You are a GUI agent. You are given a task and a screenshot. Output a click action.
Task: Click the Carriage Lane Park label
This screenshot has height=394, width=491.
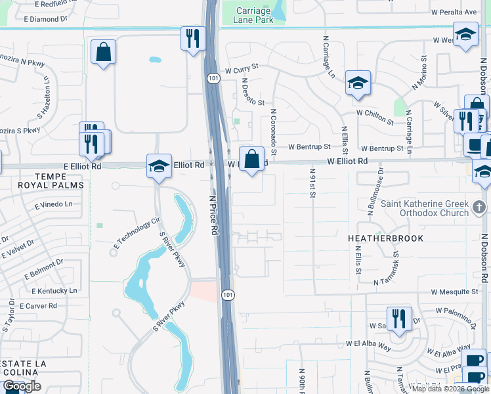[253, 14]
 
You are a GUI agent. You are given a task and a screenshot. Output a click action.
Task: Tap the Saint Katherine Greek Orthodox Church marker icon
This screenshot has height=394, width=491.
[480, 208]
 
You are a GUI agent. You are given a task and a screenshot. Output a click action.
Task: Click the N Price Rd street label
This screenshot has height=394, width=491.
[213, 215]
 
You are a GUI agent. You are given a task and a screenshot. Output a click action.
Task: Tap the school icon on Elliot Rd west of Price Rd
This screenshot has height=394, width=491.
[159, 166]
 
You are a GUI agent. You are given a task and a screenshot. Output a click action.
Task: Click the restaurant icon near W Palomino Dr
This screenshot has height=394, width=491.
[399, 318]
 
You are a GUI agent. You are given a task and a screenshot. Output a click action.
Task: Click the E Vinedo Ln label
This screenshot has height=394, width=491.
[51, 204]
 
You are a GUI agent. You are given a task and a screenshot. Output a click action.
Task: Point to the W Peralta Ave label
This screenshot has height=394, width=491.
[454, 12]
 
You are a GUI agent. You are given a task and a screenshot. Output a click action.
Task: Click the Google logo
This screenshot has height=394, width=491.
[22, 386]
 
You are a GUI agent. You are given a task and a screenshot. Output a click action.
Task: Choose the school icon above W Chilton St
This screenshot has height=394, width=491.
[358, 83]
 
